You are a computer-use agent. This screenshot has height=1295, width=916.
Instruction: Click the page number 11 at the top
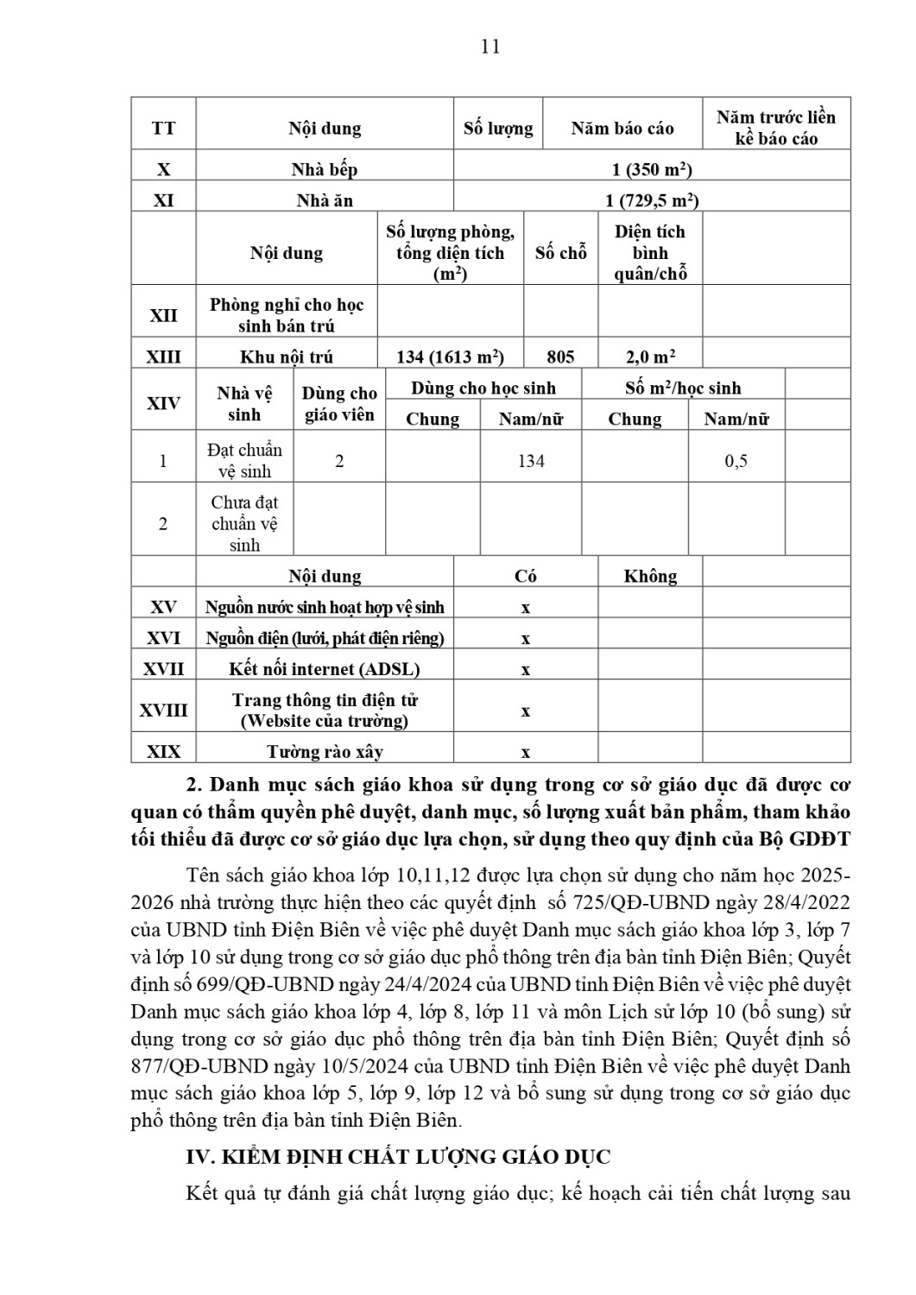(490, 47)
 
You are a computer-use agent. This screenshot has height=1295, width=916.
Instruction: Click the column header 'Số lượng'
(498, 129)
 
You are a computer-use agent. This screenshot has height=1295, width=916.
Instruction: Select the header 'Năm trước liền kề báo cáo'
(775, 128)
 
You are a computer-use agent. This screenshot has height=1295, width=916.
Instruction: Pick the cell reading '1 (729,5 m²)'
(652, 200)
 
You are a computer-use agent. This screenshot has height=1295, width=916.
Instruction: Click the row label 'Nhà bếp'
(324, 169)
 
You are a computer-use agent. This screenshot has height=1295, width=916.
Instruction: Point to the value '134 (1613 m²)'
(450, 357)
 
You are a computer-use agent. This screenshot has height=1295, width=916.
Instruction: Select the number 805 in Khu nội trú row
(560, 357)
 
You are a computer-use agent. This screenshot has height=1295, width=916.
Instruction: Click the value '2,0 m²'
(650, 357)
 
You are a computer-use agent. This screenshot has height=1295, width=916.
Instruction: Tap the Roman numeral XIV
(163, 403)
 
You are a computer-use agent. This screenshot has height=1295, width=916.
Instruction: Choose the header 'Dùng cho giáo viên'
(339, 404)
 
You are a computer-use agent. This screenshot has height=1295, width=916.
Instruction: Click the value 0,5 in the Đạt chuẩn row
(736, 461)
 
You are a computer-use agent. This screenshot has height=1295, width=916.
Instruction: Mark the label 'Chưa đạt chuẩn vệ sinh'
(244, 523)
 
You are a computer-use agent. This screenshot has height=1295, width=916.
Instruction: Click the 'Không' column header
(650, 576)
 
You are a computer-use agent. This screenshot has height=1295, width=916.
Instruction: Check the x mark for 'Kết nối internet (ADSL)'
(526, 670)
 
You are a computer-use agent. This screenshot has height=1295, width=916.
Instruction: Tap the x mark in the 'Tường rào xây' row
(526, 753)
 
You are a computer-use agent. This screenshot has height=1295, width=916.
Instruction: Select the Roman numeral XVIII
(163, 711)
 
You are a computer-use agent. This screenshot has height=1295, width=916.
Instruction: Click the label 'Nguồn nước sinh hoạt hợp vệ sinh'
(325, 607)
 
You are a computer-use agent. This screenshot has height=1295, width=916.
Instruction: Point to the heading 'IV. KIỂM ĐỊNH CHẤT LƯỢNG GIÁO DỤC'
(398, 1157)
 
